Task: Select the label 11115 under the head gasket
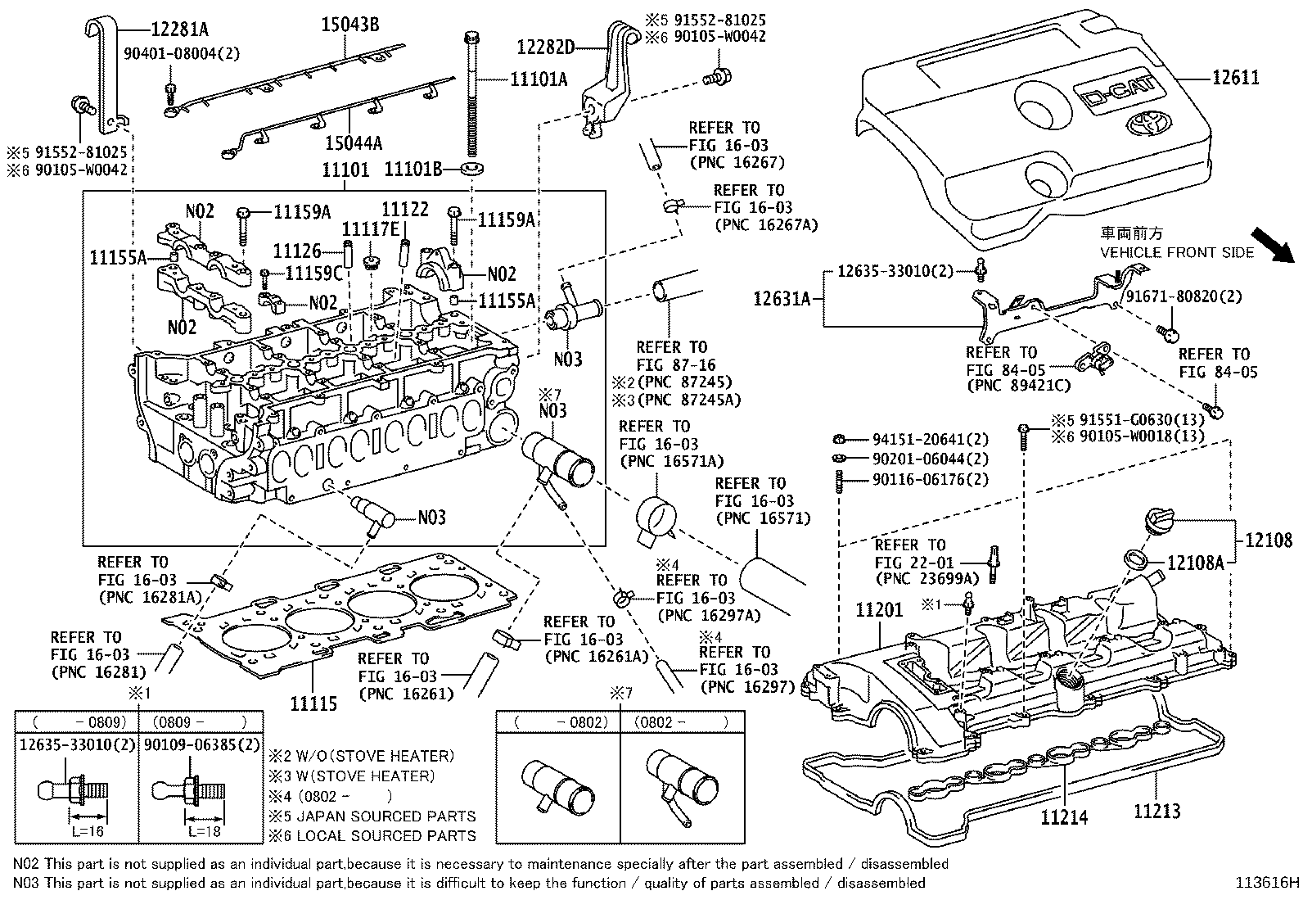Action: pos(313,703)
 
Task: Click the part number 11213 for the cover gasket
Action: pos(1156,812)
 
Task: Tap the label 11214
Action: pos(1064,816)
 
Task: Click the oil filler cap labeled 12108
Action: pos(1155,521)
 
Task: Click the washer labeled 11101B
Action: pos(471,170)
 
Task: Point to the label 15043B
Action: pos(349,25)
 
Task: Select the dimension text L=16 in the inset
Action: pos(88,830)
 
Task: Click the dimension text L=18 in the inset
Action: pos(205,830)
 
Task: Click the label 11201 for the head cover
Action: pos(879,610)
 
